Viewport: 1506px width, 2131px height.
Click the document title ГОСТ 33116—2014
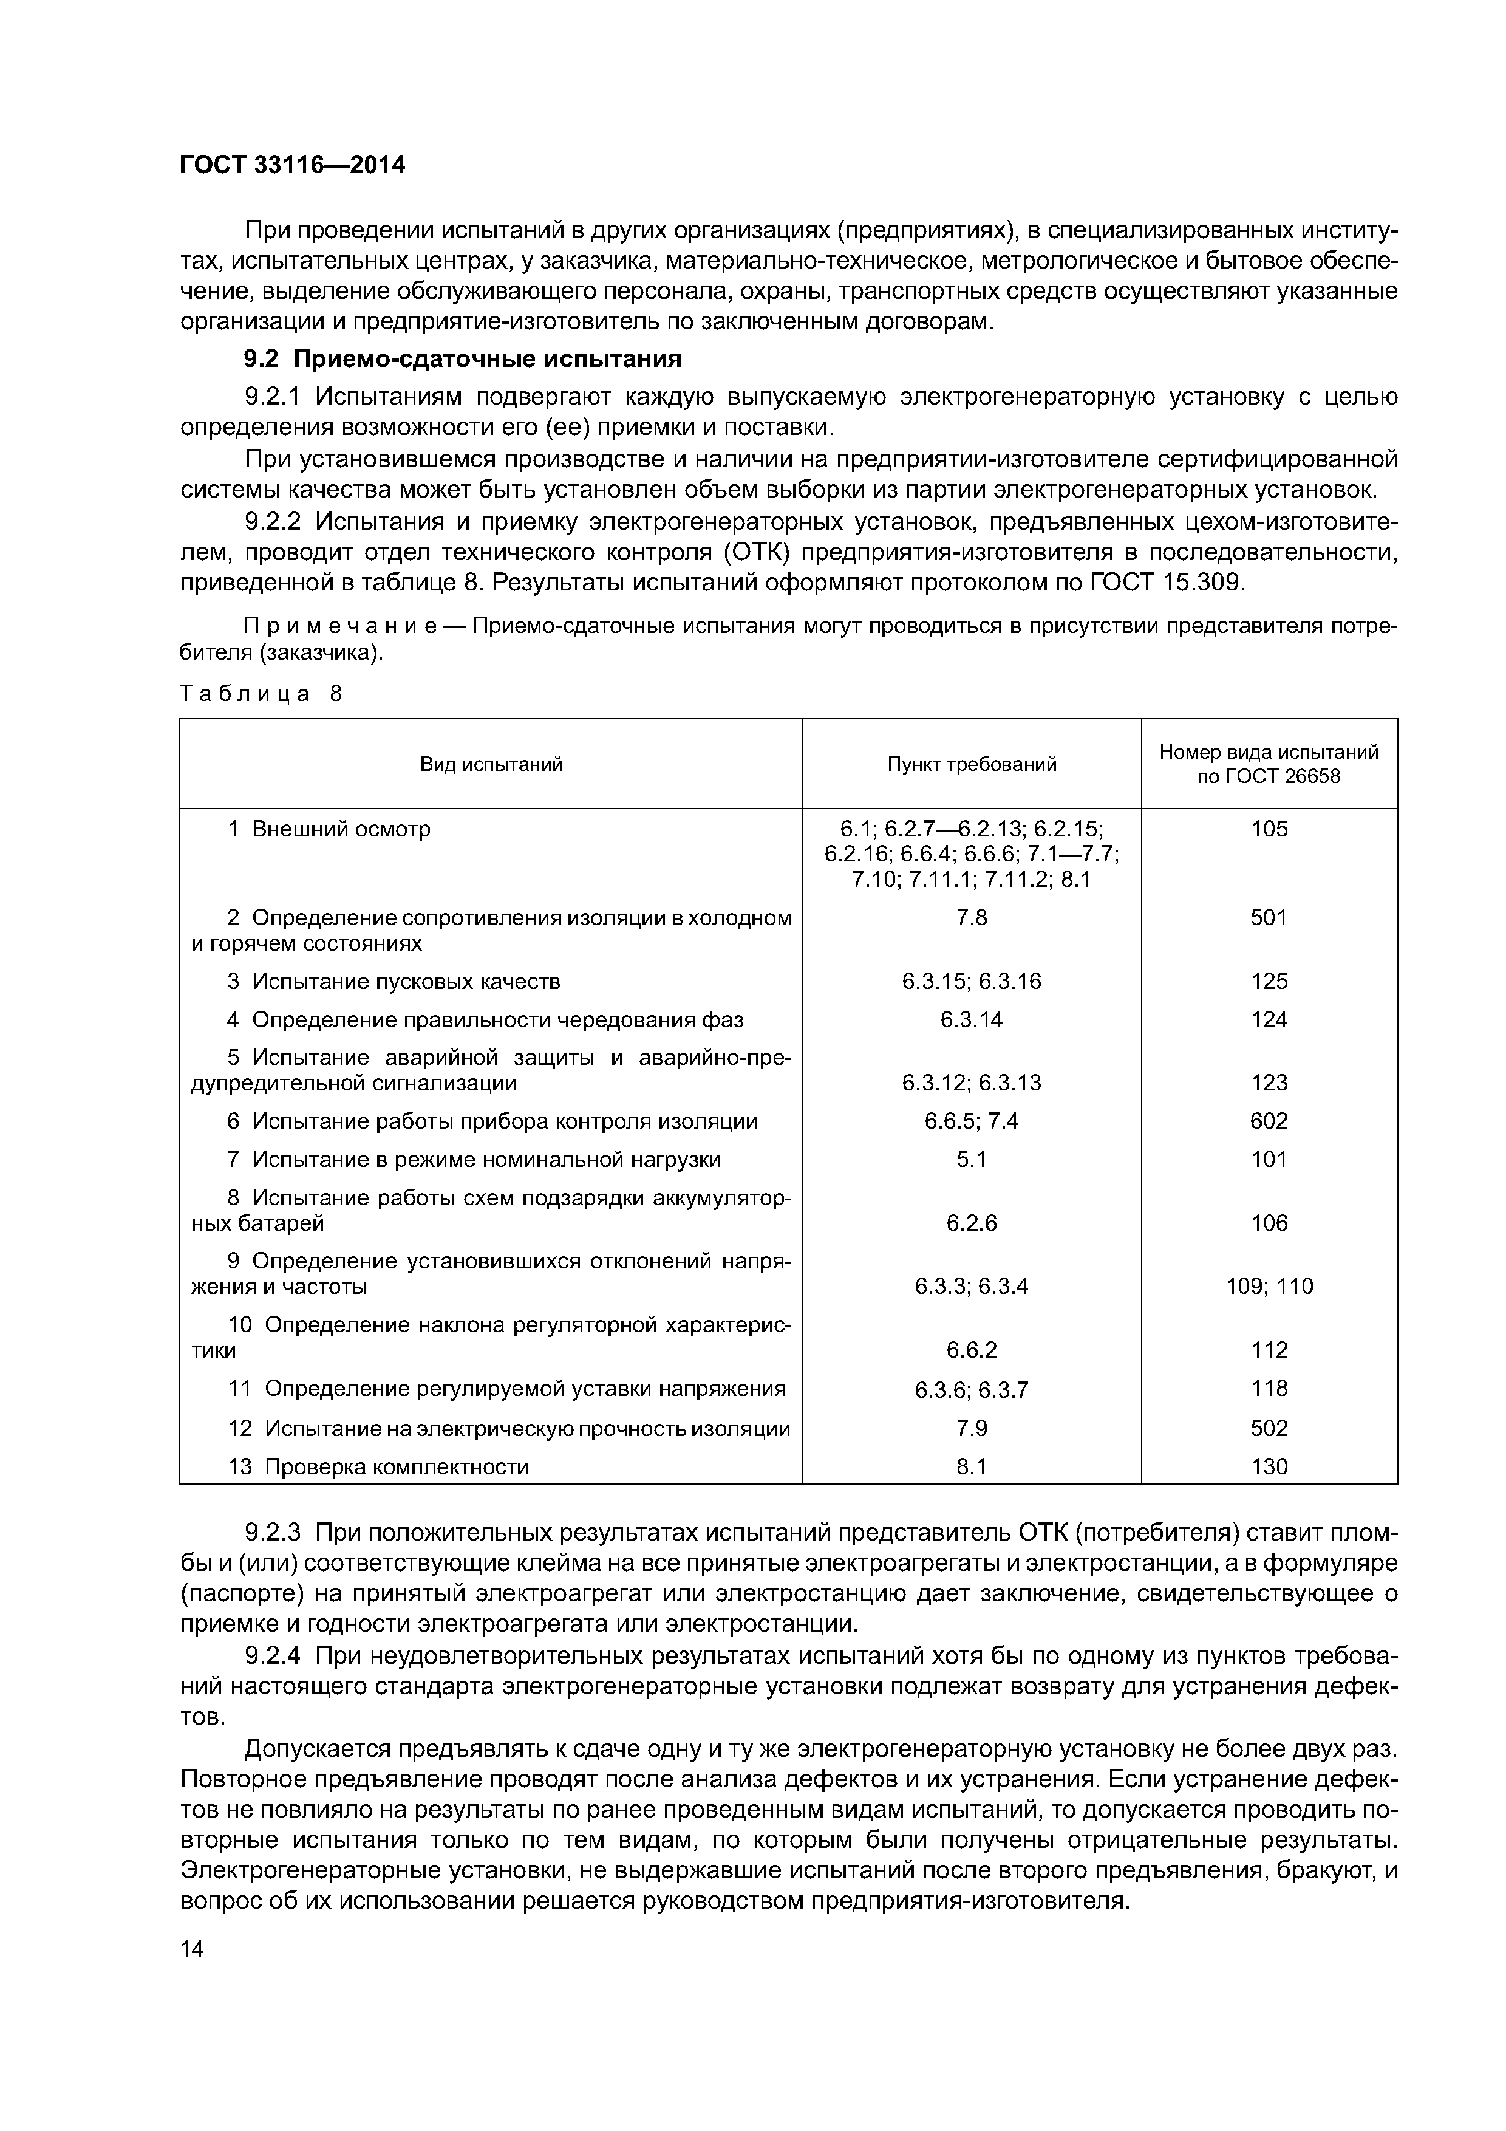(x=292, y=165)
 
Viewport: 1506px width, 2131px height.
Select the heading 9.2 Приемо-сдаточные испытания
(x=462, y=358)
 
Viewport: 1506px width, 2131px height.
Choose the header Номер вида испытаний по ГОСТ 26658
(x=1269, y=764)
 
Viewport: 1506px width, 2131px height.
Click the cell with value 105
(x=1269, y=829)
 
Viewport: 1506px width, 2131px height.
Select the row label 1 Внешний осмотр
(x=329, y=829)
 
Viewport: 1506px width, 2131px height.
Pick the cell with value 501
(x=1269, y=918)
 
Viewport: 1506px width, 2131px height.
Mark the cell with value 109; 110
(x=1269, y=1287)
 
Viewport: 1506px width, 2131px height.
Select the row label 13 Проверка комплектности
(x=378, y=1468)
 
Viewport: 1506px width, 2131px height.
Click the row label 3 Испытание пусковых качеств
(x=394, y=981)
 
